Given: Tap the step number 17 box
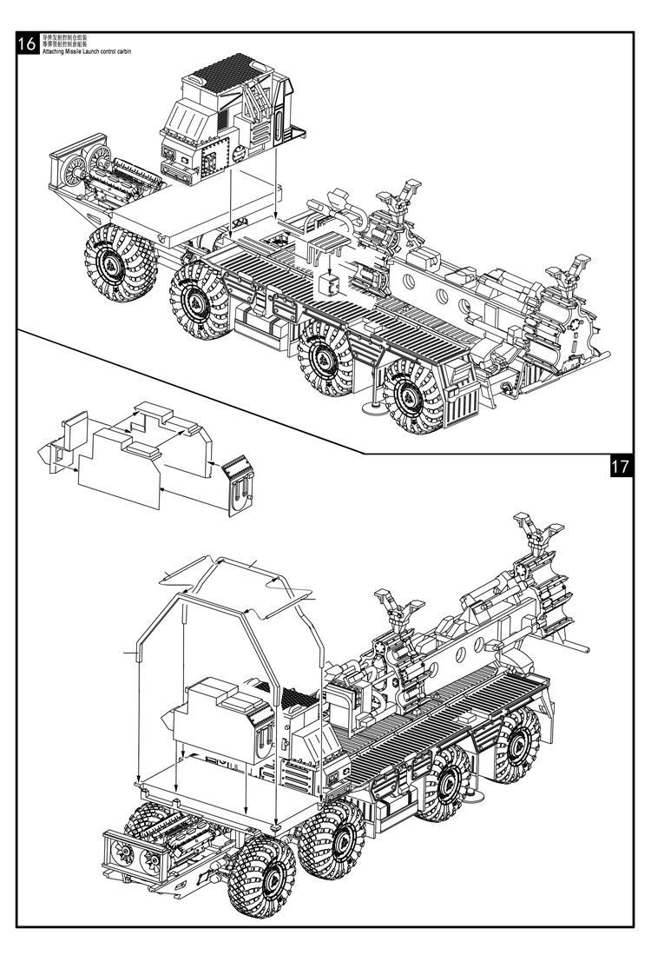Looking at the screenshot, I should click(x=620, y=466).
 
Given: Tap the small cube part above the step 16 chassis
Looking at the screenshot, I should click(x=327, y=288).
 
